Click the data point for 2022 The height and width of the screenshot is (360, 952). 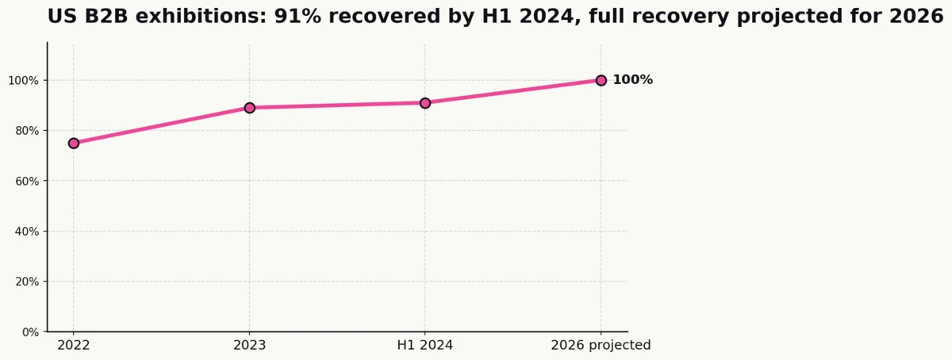[74, 144]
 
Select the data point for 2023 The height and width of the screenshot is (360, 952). [249, 108]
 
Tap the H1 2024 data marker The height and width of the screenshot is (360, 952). [425, 103]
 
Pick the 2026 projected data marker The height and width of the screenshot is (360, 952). [601, 80]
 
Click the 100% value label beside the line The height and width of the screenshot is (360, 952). [632, 80]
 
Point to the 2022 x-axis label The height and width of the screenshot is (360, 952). [74, 346]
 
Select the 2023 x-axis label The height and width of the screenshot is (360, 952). [249, 346]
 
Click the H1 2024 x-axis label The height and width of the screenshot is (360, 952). [425, 346]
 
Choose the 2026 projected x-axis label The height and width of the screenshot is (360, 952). [601, 346]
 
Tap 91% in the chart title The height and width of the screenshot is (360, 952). [296, 17]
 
